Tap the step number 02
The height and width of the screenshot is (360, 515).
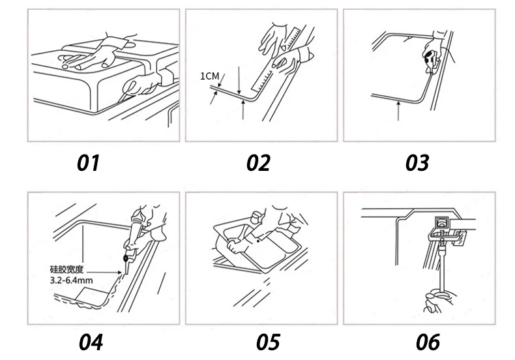[x=258, y=162]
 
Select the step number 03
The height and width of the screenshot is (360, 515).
[x=417, y=162]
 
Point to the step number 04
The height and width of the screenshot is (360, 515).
[x=91, y=340]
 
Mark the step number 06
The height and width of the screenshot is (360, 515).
[x=428, y=340]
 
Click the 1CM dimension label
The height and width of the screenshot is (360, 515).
[x=209, y=76]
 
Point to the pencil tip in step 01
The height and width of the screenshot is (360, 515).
[x=122, y=97]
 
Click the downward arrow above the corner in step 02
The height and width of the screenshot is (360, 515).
[x=241, y=84]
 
